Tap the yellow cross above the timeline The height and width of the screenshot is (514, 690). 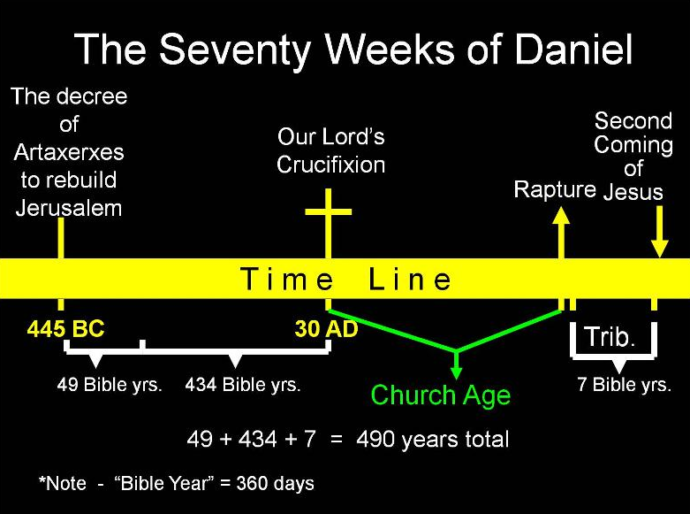[328, 217]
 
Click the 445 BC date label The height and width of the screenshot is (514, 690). [65, 330]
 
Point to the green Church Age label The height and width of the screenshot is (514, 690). [440, 395]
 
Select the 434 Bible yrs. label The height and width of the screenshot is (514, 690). [243, 386]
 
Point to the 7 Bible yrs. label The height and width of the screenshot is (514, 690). [624, 386]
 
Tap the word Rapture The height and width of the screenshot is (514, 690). [555, 189]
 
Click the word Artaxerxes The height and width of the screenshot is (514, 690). [69, 152]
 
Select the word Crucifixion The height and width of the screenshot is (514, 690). [330, 165]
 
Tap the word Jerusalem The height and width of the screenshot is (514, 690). [69, 209]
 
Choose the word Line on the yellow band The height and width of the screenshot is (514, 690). [410, 280]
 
